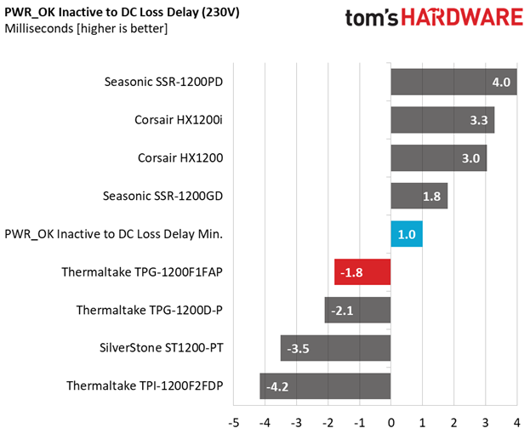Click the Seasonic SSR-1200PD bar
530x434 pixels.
454,82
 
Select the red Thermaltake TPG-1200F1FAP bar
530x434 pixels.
362,272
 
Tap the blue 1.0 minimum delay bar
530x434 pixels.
407,234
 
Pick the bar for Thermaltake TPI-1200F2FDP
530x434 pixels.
325,386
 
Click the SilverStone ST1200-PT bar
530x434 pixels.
336,348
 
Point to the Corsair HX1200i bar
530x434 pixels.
442,120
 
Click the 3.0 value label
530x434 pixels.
470,158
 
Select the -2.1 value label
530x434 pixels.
342,311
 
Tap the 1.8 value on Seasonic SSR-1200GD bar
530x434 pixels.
431,197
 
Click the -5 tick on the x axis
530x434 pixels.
234,423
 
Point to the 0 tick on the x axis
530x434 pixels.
391,423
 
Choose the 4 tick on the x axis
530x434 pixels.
517,423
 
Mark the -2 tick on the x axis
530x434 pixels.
328,423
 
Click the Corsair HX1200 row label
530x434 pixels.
180,157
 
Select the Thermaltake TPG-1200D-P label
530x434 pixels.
150,310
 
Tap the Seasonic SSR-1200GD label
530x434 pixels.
163,196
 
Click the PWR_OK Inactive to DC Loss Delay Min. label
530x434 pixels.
114,234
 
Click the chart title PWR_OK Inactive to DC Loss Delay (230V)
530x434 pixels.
122,13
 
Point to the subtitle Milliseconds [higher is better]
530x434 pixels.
86,28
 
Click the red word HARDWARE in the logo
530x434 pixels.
462,18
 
